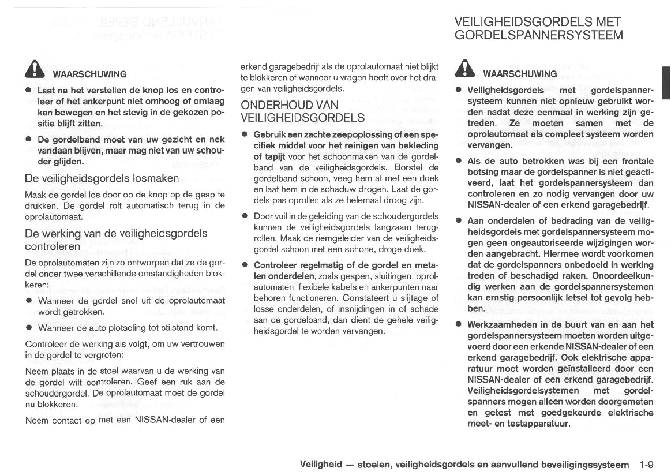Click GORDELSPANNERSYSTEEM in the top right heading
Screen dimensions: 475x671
539,35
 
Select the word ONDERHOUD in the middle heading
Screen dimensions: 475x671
277,105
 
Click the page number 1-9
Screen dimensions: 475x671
647,464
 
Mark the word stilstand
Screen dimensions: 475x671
173,328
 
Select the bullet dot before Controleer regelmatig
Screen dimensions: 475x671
245,265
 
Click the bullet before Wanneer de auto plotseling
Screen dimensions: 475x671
28,328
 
